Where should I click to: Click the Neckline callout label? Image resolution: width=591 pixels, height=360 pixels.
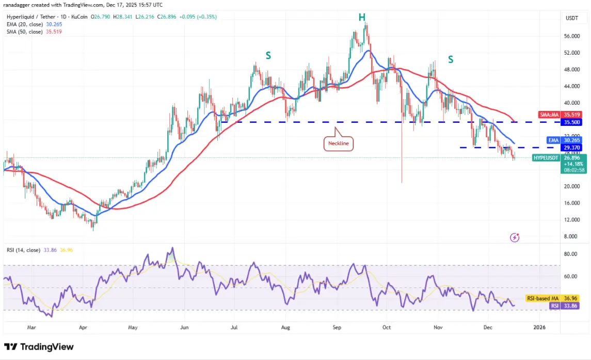339,143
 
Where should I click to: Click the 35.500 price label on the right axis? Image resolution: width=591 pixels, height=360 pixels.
573,122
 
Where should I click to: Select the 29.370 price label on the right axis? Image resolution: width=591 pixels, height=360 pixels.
573,148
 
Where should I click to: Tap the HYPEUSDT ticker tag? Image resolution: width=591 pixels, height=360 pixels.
547,158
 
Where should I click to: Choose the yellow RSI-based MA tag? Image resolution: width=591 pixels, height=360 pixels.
551,298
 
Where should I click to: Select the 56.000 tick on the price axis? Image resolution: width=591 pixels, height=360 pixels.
571,36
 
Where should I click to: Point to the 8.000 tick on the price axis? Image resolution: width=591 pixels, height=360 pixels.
570,236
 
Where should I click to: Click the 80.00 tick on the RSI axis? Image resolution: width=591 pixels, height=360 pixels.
571,254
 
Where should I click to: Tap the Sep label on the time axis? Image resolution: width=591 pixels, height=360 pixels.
337,327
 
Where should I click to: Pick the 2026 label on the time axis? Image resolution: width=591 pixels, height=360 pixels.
539,327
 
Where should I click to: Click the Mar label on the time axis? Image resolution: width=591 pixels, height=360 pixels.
31,327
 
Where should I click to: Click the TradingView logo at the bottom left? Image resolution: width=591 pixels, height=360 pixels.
39,347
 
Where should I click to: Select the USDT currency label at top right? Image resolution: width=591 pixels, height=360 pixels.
571,18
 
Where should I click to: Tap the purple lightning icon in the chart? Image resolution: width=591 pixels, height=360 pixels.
515,237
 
